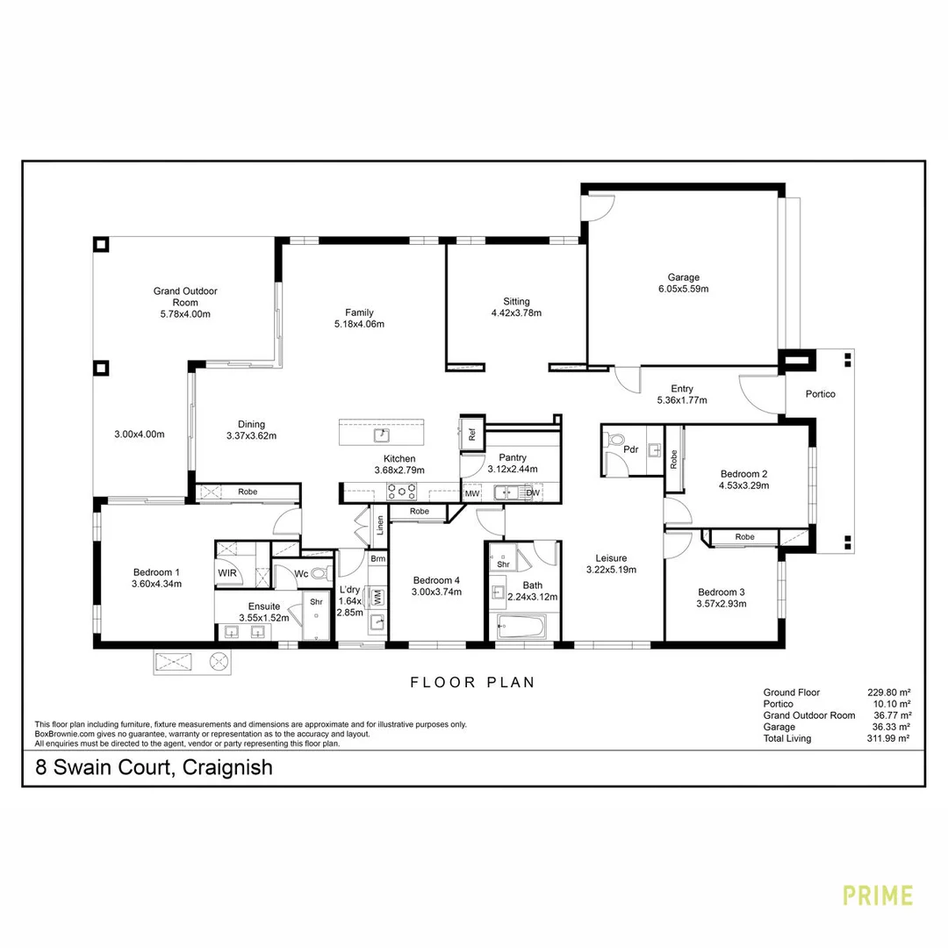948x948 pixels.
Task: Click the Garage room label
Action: coord(683,277)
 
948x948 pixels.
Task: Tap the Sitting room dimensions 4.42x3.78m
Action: coord(516,312)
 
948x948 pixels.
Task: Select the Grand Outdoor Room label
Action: coord(185,297)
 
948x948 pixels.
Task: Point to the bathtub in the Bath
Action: coord(521,628)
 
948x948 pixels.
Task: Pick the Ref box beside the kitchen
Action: coord(471,433)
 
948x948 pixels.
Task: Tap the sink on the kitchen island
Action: coord(382,434)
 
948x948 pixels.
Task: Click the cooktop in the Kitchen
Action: coord(402,492)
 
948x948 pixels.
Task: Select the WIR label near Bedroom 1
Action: coord(226,573)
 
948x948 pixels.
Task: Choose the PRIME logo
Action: coord(878,895)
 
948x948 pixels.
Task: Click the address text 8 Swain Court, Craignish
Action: coord(154,768)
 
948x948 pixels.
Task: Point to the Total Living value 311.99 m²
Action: coord(887,738)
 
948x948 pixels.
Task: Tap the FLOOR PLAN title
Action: coord(473,682)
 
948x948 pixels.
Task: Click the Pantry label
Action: coord(513,457)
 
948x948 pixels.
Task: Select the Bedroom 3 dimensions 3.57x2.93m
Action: coord(721,603)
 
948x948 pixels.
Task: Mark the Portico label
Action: coord(821,394)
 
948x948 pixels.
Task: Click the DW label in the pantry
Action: coord(532,493)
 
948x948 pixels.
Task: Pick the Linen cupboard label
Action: coord(380,524)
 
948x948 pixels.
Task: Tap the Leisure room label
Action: coord(611,557)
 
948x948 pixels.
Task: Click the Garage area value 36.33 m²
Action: coord(887,727)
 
